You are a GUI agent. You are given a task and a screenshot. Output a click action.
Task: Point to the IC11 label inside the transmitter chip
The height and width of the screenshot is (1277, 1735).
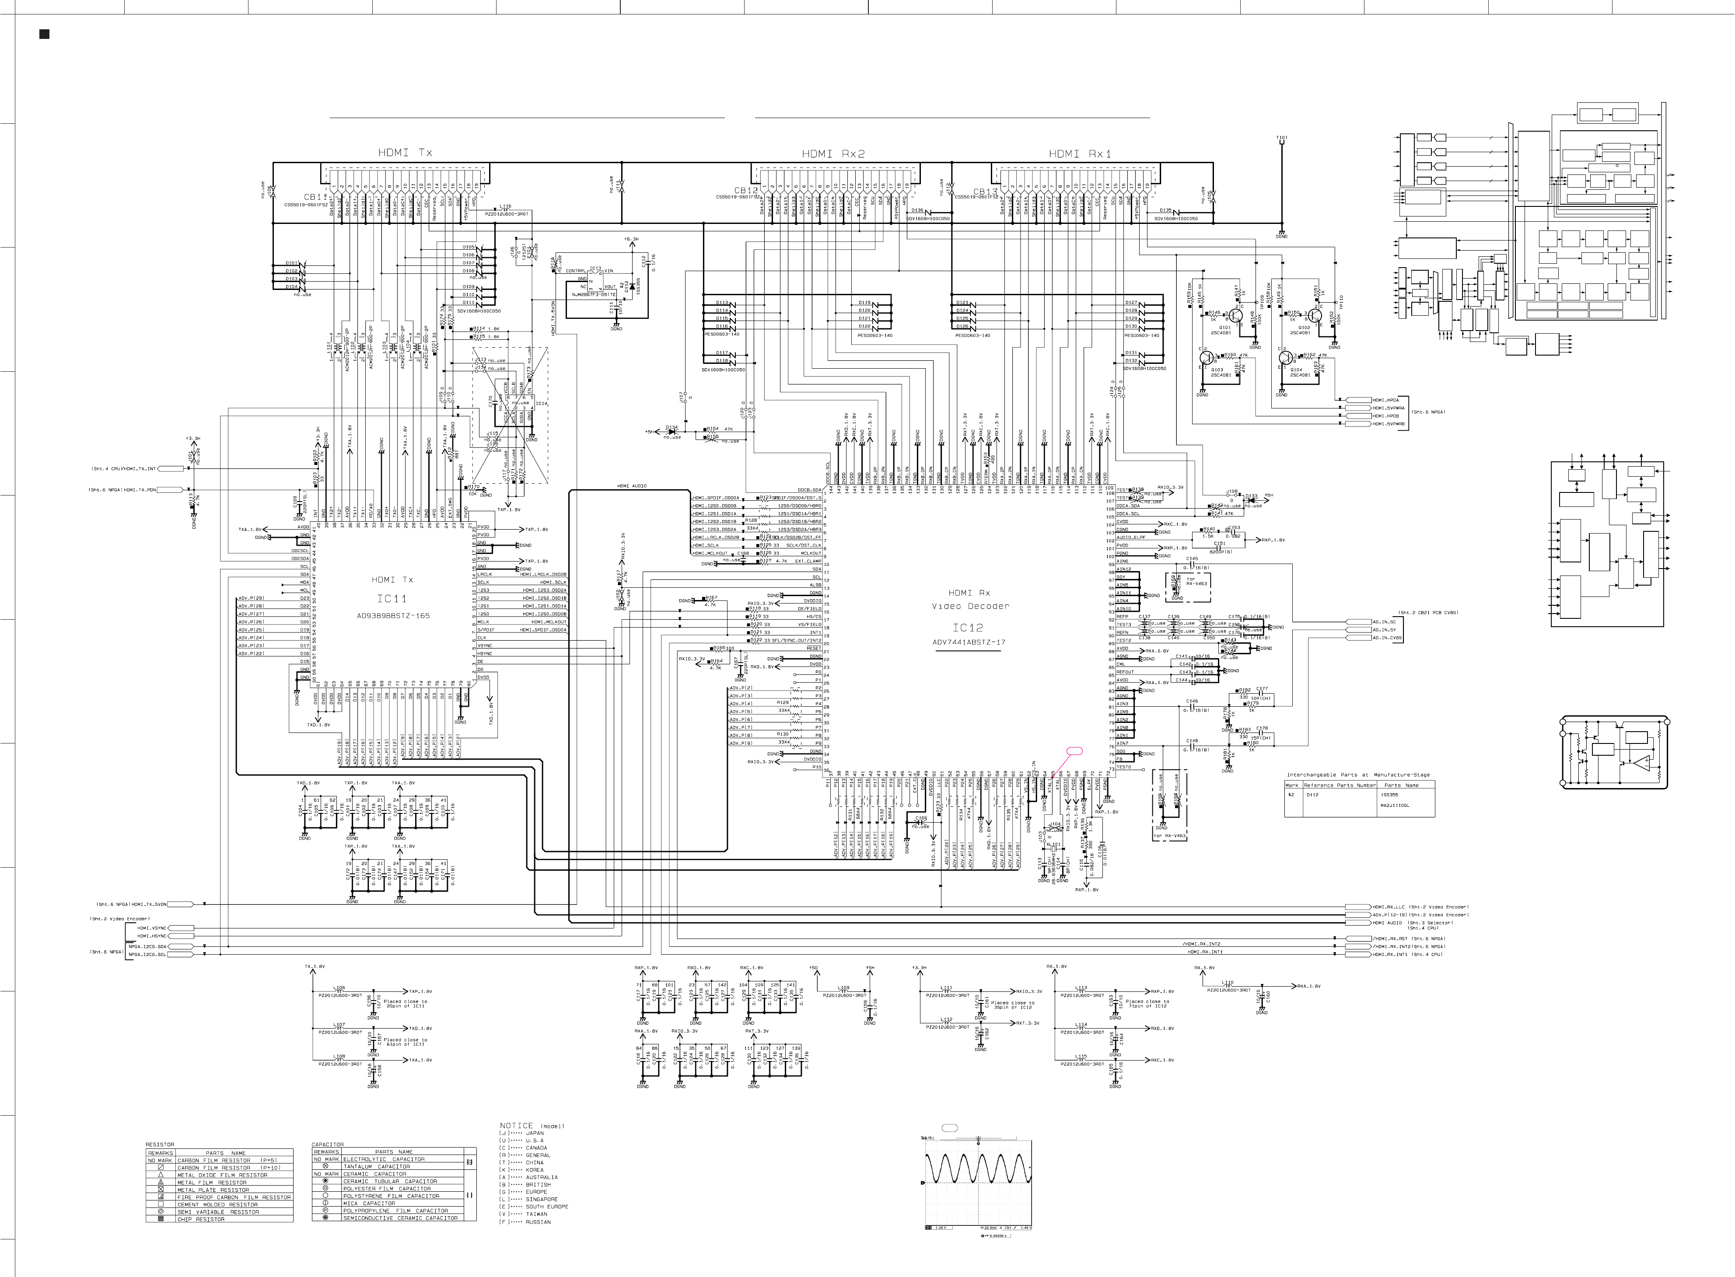pyautogui.click(x=392, y=598)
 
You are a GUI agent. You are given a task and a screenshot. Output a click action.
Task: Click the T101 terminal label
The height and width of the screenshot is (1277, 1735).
pyautogui.click(x=1281, y=138)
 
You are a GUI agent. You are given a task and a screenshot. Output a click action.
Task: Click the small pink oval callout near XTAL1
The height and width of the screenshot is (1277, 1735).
pyautogui.click(x=1074, y=750)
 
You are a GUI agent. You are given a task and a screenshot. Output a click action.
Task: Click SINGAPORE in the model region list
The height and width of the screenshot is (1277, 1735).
pyautogui.click(x=541, y=1199)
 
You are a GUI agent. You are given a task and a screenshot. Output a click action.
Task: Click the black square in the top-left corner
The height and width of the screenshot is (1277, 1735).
pyautogui.click(x=44, y=34)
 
